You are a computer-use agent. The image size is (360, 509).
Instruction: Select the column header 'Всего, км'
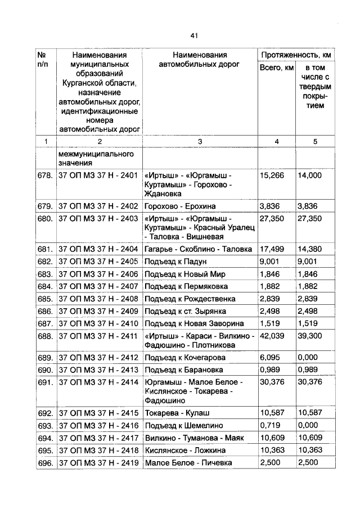(276, 67)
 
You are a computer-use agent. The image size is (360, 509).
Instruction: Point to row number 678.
(45, 175)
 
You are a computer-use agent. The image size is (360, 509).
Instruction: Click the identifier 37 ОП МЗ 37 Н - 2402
(98, 206)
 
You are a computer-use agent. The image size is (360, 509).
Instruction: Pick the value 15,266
(272, 175)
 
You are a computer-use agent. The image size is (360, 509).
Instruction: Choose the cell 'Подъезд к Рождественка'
(190, 299)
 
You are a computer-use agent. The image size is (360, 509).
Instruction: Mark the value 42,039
(272, 336)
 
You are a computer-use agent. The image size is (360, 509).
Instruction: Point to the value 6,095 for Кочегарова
(272, 358)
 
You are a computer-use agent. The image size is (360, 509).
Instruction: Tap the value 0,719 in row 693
(270, 426)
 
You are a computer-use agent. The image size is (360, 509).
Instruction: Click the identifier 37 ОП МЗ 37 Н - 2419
(98, 463)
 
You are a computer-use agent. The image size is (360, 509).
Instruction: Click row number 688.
(45, 336)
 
